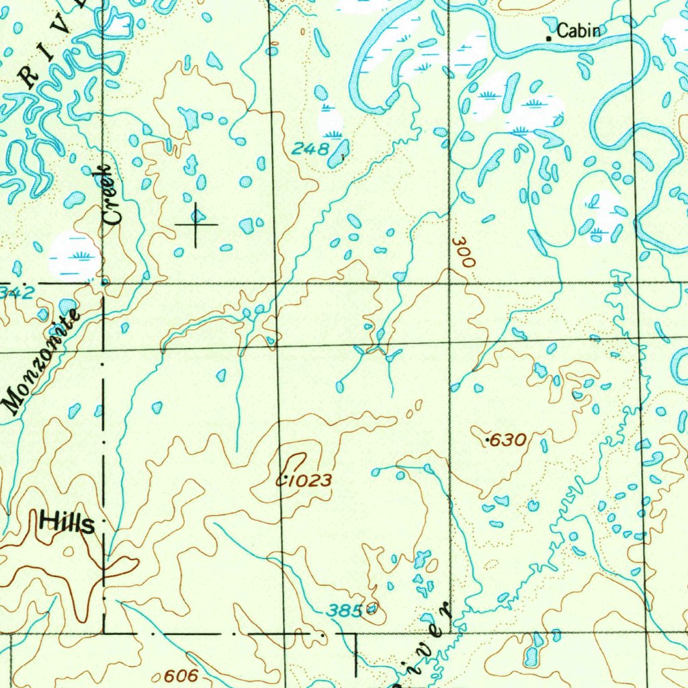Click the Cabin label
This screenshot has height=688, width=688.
click(578, 30)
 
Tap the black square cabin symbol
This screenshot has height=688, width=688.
click(549, 39)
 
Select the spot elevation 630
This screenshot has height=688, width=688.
click(507, 441)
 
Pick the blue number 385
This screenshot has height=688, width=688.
click(344, 611)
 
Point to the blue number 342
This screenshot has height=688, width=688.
click(15, 292)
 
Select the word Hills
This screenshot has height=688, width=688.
click(67, 522)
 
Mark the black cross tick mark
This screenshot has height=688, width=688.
click(196, 224)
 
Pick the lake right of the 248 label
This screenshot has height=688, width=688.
click(339, 153)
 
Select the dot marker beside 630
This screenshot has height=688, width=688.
click(487, 439)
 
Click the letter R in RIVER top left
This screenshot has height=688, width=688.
click(30, 77)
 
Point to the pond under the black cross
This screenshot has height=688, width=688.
click(197, 215)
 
